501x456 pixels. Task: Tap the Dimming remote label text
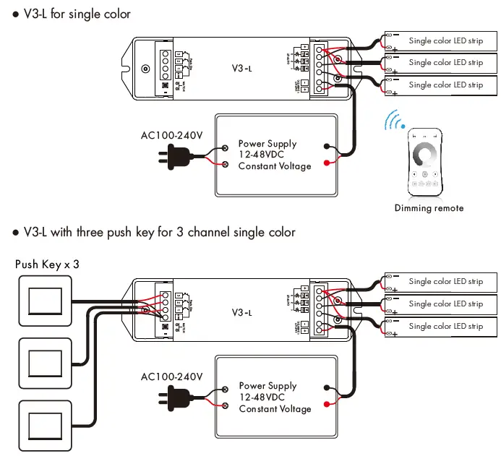pyautogui.click(x=429, y=208)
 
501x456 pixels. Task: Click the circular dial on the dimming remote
pyautogui.click(x=424, y=154)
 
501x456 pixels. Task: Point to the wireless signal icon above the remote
pyautogui.click(x=394, y=121)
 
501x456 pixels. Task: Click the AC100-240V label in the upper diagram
pyautogui.click(x=171, y=134)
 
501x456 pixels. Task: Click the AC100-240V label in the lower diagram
pyautogui.click(x=172, y=377)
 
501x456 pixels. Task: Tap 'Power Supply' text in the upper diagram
pyautogui.click(x=267, y=144)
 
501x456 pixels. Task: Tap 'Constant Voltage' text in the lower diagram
pyautogui.click(x=275, y=409)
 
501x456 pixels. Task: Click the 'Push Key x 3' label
pyautogui.click(x=47, y=264)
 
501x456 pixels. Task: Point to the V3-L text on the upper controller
pyautogui.click(x=241, y=70)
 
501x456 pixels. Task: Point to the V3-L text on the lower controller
pyautogui.click(x=241, y=313)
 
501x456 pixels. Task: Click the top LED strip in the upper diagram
pyautogui.click(x=441, y=40)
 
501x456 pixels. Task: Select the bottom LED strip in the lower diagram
pyautogui.click(x=441, y=327)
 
